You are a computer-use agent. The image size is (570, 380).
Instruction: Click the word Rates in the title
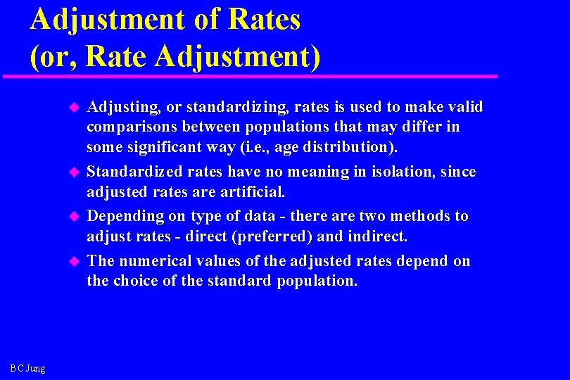coord(263,19)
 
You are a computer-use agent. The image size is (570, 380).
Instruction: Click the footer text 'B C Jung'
coord(28,368)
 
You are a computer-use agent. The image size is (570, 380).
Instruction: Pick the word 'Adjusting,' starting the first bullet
coord(123,107)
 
